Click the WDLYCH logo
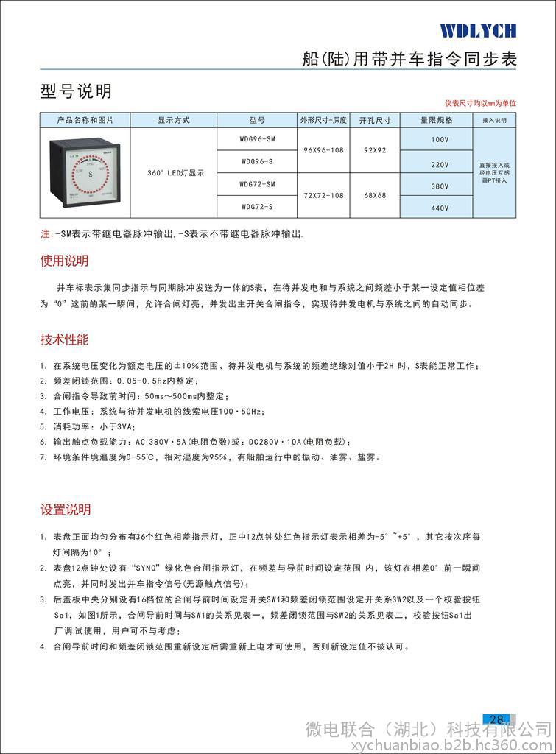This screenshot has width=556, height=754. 478,30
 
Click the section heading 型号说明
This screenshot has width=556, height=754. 75,91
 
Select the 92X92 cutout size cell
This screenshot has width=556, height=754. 374,150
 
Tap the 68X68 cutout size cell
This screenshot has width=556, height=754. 374,195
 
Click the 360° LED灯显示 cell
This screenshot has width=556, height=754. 174,173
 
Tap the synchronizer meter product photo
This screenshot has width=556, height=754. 84,174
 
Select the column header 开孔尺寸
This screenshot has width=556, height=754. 374,120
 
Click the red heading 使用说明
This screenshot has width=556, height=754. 64,261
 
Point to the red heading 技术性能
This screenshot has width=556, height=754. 64,339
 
